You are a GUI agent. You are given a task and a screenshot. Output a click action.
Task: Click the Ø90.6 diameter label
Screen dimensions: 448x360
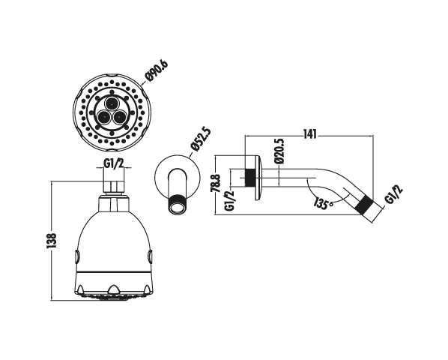[x=157, y=70]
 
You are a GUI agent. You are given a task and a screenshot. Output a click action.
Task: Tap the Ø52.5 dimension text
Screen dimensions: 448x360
[x=201, y=139]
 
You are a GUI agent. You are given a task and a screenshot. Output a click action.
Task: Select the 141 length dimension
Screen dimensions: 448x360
[x=309, y=134]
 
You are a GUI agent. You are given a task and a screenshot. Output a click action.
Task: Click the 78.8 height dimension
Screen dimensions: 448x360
[x=217, y=183]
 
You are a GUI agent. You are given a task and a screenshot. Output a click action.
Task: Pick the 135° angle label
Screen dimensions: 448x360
[x=323, y=203]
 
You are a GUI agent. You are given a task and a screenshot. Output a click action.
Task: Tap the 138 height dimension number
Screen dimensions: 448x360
[x=52, y=241]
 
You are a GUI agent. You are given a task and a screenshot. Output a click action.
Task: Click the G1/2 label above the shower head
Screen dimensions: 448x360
[x=113, y=163]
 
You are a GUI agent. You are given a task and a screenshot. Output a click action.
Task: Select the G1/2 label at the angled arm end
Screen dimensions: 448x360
[x=394, y=194]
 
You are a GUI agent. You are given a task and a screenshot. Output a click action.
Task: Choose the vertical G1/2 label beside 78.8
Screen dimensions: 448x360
[x=230, y=200]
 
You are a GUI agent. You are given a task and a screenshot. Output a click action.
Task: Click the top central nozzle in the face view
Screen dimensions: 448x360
[x=112, y=102]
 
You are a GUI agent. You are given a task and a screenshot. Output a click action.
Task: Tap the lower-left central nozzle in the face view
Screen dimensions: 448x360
[x=104, y=116]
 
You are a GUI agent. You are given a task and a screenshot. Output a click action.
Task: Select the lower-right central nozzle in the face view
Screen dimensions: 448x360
[x=119, y=116]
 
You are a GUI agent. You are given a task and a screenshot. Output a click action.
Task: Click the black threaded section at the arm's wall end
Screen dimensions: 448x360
[x=250, y=178]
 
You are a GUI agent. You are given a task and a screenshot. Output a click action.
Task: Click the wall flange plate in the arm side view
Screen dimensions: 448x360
[x=258, y=178]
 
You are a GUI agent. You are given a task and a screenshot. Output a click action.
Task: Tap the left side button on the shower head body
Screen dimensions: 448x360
[x=77, y=256]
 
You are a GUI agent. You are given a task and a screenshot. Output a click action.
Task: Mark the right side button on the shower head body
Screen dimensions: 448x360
[x=150, y=256]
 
